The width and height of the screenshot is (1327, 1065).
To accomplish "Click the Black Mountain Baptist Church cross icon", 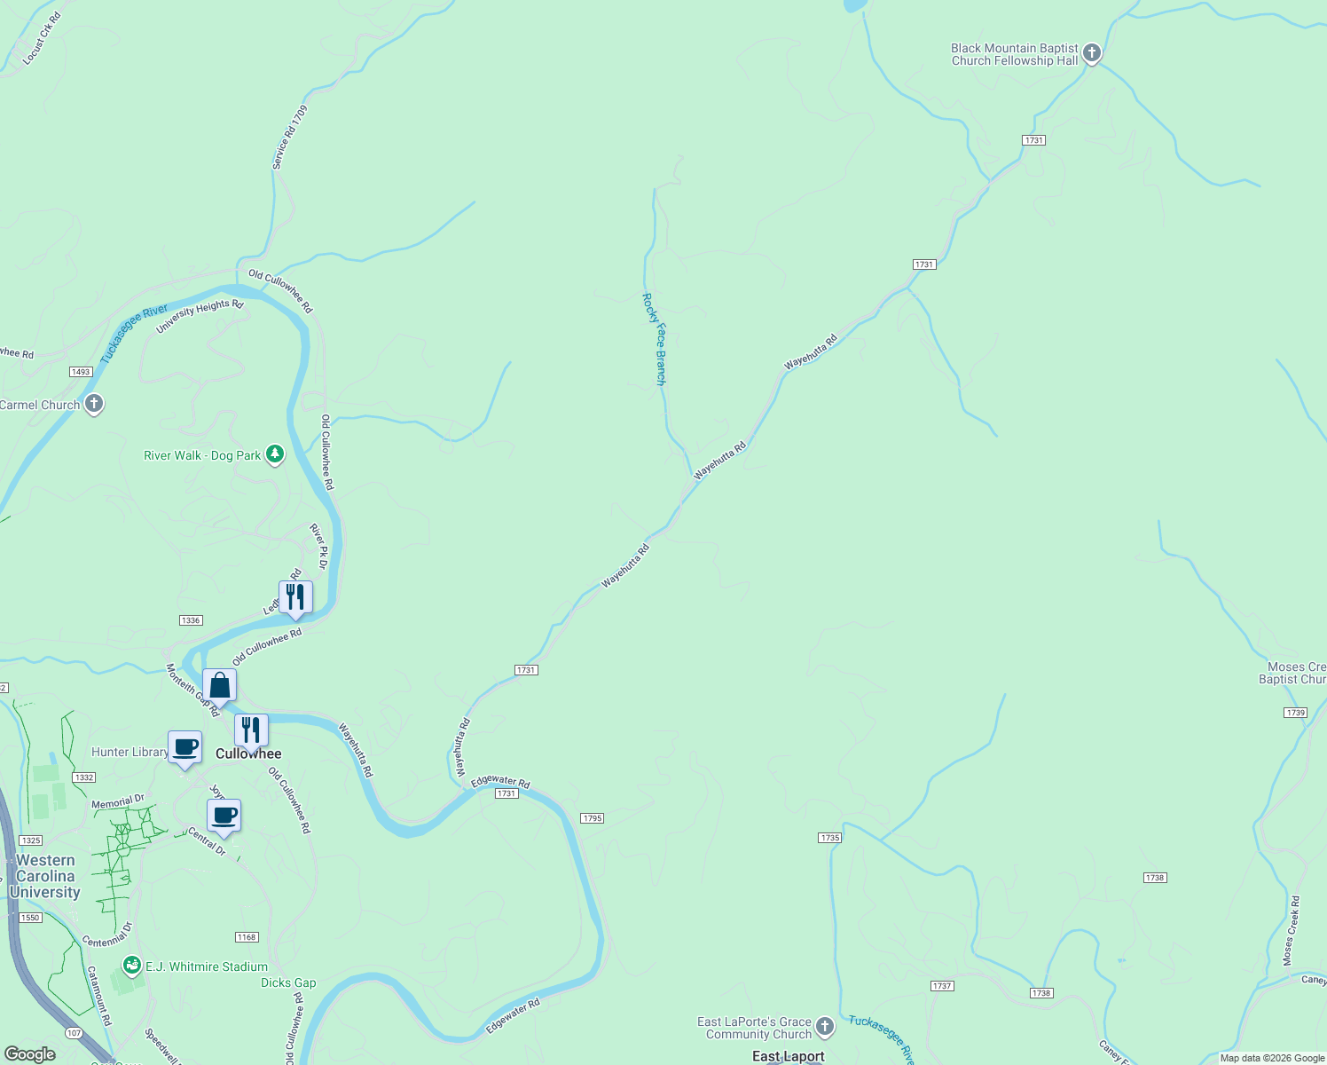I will (1092, 54).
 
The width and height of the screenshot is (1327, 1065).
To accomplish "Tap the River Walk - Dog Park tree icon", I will (275, 455).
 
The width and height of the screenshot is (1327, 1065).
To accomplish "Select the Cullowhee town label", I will (248, 753).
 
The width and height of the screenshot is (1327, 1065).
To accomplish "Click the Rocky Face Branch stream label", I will (655, 339).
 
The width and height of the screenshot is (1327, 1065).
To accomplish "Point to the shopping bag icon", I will (219, 685).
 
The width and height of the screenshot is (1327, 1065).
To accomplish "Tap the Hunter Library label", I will (130, 752).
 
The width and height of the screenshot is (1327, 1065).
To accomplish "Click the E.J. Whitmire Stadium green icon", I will (132, 965).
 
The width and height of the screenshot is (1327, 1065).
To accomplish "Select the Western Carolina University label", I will (45, 876).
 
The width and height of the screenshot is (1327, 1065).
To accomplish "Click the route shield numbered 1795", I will (593, 818).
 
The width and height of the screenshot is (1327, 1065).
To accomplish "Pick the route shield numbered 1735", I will (829, 838).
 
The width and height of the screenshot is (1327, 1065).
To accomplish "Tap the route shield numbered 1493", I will (81, 372).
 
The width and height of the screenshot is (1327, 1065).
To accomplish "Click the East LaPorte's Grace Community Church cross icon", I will (825, 1027).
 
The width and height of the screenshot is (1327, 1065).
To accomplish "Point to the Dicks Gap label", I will (288, 982).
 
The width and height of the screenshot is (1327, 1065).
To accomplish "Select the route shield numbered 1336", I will (191, 620).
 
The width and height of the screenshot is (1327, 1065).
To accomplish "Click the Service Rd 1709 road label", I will (290, 138).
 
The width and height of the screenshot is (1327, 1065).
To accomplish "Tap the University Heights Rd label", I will (200, 317).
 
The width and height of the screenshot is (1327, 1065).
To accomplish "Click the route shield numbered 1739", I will (1295, 713).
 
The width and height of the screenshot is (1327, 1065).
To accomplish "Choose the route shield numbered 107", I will (75, 1033).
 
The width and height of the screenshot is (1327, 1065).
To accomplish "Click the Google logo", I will (29, 1054).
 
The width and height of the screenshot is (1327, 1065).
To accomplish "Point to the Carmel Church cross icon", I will (94, 405).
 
